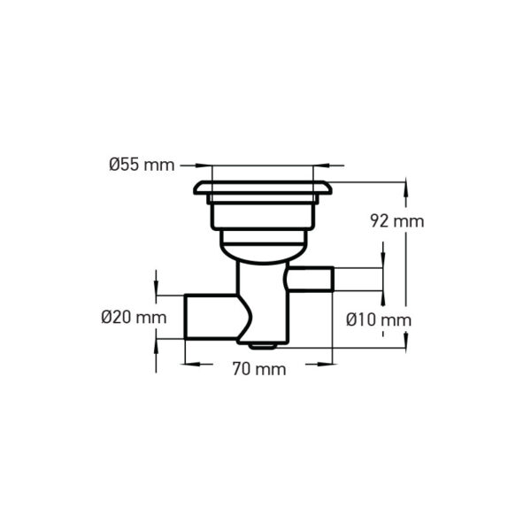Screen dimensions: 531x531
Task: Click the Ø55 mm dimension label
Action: [142, 165]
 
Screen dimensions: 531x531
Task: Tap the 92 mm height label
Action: [396, 221]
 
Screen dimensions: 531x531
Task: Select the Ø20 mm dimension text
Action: [135, 318]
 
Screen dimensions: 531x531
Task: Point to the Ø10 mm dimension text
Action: [379, 320]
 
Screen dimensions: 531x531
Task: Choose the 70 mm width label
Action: [259, 369]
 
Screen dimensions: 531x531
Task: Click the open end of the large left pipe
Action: [186, 317]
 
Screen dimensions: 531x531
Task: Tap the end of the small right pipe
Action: [332, 279]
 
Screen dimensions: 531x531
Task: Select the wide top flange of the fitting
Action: [263, 188]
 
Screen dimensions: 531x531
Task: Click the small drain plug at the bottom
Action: [263, 346]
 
